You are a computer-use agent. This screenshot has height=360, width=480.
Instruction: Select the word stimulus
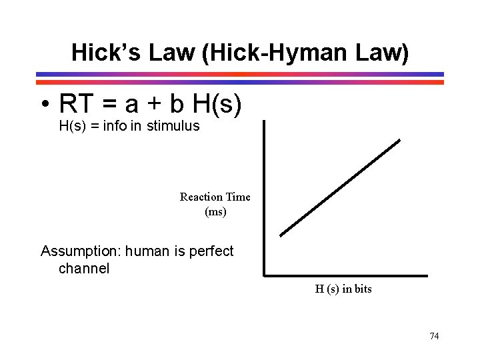(175, 126)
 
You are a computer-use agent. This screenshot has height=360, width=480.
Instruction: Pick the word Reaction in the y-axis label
(201, 197)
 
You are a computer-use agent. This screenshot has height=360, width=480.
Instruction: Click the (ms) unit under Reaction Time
(215, 212)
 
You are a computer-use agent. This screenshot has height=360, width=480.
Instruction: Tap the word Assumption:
(81, 251)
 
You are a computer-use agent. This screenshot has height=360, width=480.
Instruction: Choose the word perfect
(210, 251)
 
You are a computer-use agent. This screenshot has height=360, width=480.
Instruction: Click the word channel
(84, 269)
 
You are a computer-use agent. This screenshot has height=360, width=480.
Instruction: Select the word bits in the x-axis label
(362, 289)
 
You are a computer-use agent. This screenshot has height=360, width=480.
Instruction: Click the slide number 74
(434, 336)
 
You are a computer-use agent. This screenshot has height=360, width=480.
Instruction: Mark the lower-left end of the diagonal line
(281, 235)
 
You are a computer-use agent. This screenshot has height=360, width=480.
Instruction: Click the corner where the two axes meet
(265, 275)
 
